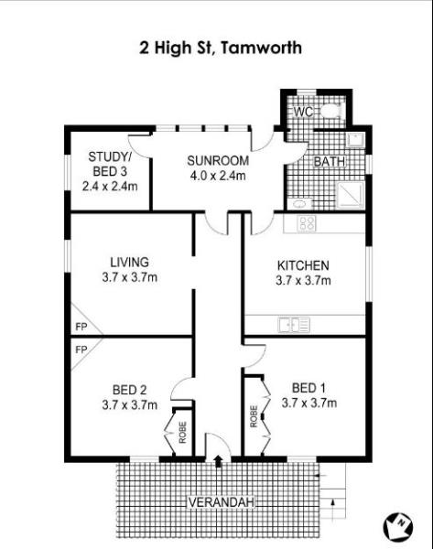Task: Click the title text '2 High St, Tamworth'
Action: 216,47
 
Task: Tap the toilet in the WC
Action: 330,113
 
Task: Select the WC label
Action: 304,112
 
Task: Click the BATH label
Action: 329,162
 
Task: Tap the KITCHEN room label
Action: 302,266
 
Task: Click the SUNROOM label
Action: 217,160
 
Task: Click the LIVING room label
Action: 129,261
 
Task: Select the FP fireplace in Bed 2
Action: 80,350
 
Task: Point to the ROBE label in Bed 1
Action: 253,416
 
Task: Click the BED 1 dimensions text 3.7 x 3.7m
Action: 309,403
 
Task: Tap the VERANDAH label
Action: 220,502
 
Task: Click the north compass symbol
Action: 397,525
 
